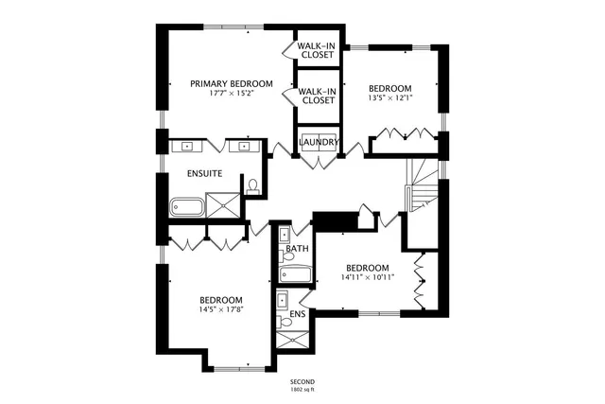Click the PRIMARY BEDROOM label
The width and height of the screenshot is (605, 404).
(x=231, y=83)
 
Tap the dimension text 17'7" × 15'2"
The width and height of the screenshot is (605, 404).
(x=231, y=94)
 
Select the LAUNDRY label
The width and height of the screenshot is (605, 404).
(x=319, y=143)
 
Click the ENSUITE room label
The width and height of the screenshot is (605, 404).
(x=204, y=174)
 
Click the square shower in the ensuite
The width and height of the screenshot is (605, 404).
(x=222, y=204)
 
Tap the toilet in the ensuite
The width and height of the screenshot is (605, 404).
(x=252, y=185)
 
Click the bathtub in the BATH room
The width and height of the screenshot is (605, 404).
(x=295, y=274)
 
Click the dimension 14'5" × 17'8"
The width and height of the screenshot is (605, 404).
(x=220, y=309)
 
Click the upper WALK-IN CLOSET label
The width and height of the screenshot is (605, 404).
(x=316, y=50)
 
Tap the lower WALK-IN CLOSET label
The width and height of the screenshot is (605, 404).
(x=318, y=96)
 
